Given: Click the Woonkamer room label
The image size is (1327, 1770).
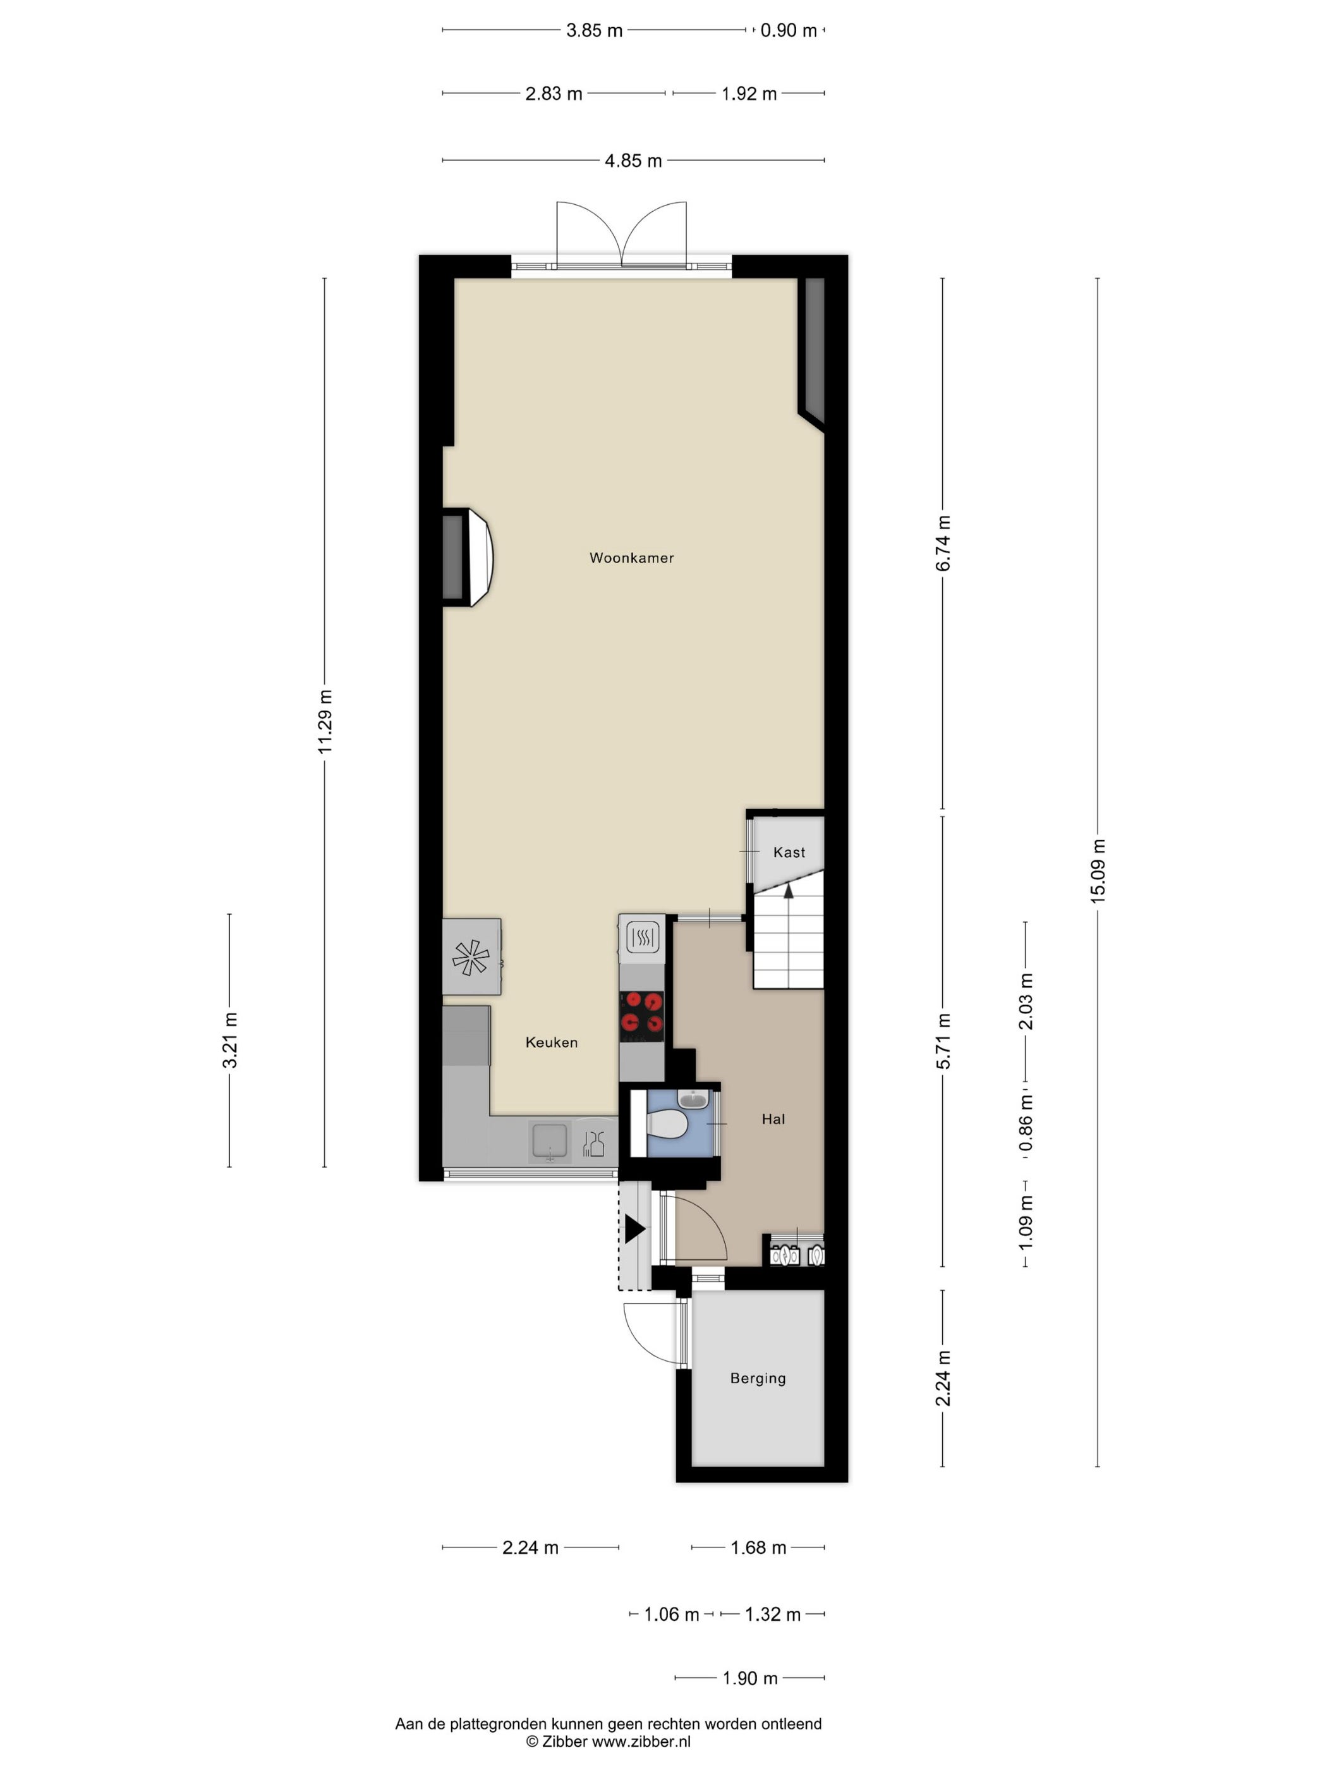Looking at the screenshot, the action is click(631, 558).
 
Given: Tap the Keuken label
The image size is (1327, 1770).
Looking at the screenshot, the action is click(551, 1042).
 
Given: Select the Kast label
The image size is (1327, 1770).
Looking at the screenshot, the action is click(789, 852).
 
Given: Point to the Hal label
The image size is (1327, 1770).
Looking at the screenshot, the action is click(773, 1119).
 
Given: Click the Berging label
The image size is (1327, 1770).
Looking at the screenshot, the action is click(758, 1378).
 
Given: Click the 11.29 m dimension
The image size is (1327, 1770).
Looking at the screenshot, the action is click(324, 721).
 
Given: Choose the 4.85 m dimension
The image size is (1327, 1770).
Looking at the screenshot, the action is click(633, 160).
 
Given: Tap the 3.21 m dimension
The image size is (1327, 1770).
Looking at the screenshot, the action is click(229, 1041).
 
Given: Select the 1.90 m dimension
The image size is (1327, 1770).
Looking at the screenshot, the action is click(749, 1678).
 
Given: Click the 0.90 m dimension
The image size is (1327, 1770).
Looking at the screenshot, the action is click(788, 30).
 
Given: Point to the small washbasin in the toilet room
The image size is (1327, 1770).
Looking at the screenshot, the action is click(692, 1099).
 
